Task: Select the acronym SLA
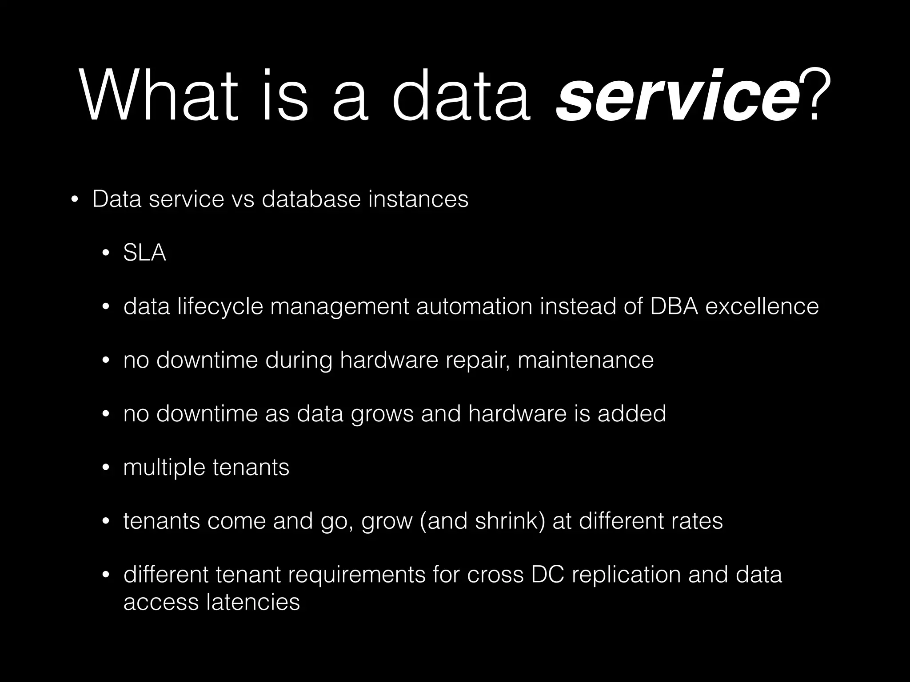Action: coord(144,253)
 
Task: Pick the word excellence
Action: coord(762,306)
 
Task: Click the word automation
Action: coord(474,306)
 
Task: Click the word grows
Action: coord(382,414)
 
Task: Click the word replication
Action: coord(626,575)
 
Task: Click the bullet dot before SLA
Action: coord(105,254)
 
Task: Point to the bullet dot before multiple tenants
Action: coord(105,468)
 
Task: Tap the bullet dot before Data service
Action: coord(74,199)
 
